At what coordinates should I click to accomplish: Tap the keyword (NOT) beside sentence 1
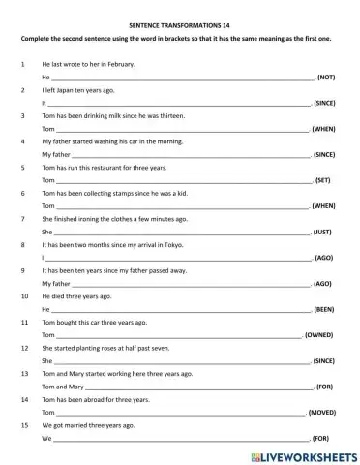(x=326, y=76)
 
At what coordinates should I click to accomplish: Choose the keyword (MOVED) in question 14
(x=322, y=412)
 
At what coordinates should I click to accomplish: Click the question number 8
(x=21, y=246)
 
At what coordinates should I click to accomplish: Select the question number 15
(x=22, y=424)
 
